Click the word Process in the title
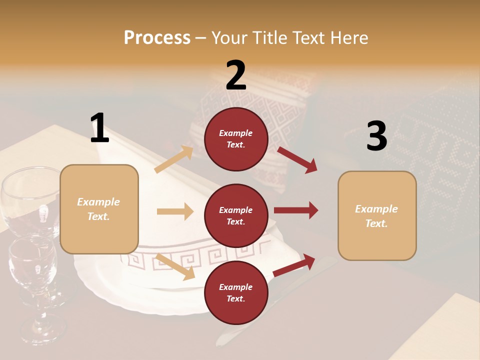[x=157, y=38]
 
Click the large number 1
[x=99, y=128]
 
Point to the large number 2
[x=236, y=75]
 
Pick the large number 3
[x=376, y=136]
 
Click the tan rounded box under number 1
[x=99, y=209]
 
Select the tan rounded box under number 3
[x=377, y=216]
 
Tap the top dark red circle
[x=236, y=139]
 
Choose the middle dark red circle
[x=236, y=215]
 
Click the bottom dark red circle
[x=236, y=292]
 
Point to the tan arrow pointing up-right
[x=174, y=159]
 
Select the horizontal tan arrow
[x=175, y=211]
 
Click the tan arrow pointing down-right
[x=175, y=266]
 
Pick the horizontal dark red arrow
[x=295, y=210]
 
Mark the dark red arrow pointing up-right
[x=294, y=264]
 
